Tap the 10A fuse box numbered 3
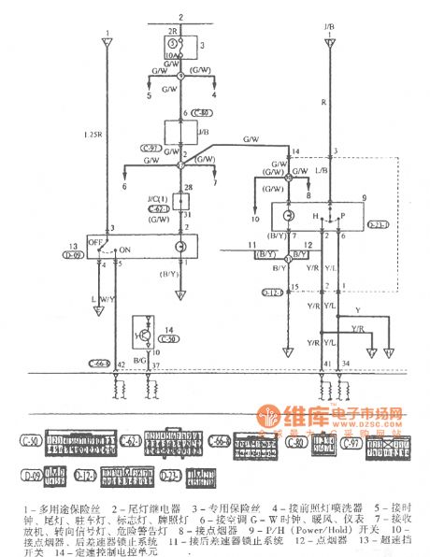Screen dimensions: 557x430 (172, 46)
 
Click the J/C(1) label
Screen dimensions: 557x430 (157, 201)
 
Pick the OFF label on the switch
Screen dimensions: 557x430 (93, 239)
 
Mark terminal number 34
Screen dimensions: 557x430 (348, 364)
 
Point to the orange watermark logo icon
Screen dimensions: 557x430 (269, 414)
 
